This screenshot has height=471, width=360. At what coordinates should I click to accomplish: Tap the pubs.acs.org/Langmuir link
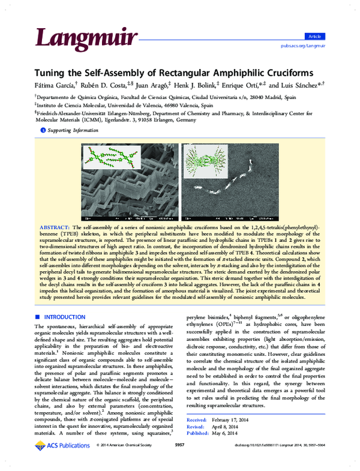click(303, 45)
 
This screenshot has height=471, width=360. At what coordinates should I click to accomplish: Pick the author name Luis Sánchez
click(302, 84)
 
